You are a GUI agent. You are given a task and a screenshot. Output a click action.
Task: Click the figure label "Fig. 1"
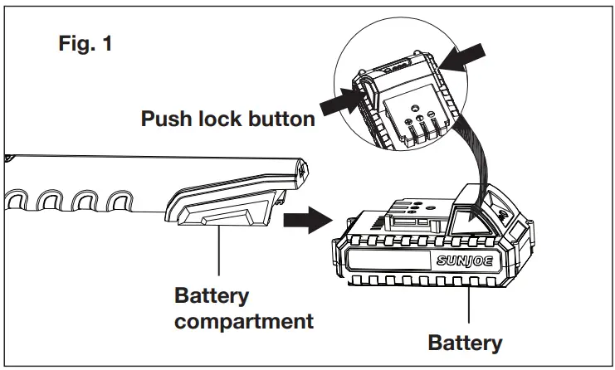pyautogui.click(x=85, y=44)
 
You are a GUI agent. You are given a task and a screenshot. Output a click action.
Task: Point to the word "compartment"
pyautogui.click(x=244, y=320)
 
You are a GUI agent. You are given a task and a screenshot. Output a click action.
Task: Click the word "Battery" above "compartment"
pyautogui.click(x=212, y=296)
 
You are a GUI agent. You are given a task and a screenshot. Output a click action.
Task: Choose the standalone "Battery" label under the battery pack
pyautogui.click(x=465, y=342)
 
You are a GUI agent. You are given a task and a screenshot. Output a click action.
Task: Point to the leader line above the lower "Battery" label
pyautogui.click(x=470, y=308)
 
